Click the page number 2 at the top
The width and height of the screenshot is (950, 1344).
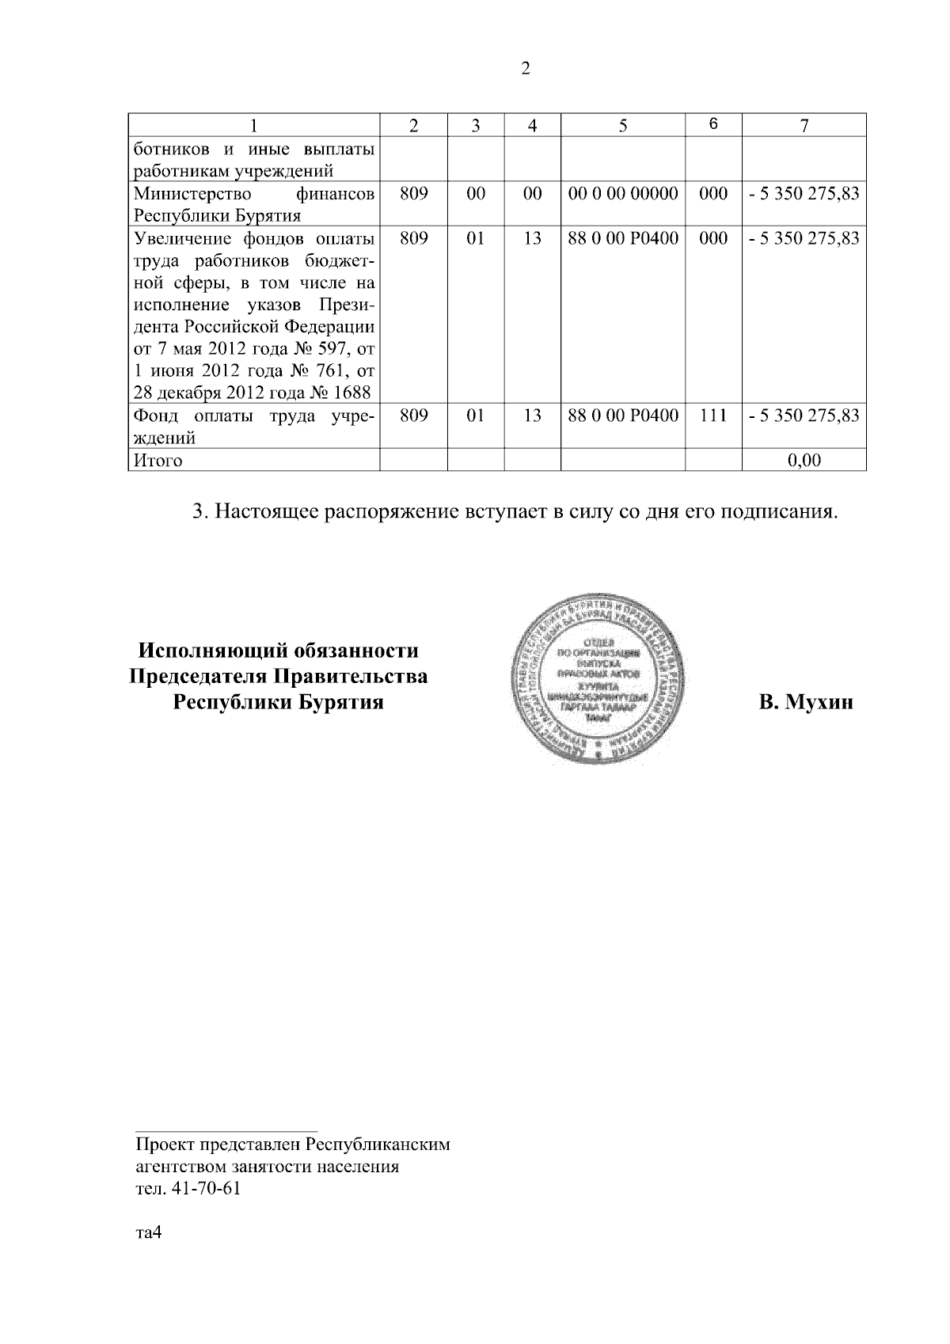(x=526, y=69)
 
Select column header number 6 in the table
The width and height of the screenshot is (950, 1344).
(x=713, y=124)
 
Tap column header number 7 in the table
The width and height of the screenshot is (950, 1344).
(x=804, y=125)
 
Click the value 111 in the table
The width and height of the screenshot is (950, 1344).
(x=713, y=416)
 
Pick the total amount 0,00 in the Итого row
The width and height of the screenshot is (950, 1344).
(x=804, y=460)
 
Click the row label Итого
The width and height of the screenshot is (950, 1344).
(x=158, y=461)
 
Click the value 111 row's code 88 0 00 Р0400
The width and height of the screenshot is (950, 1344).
(x=623, y=416)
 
